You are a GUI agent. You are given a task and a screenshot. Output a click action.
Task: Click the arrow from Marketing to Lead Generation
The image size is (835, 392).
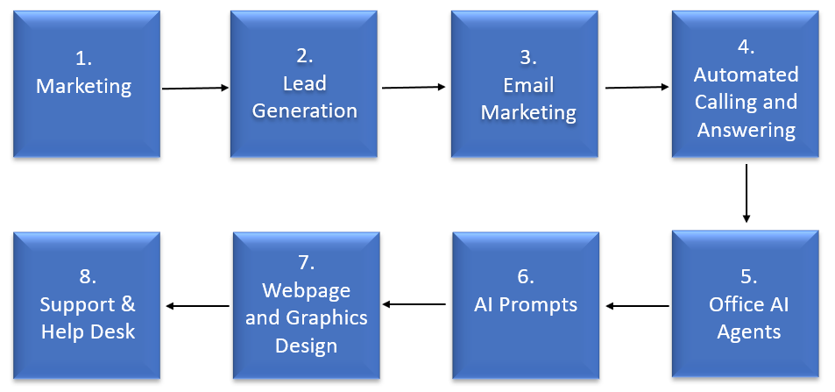click(x=195, y=88)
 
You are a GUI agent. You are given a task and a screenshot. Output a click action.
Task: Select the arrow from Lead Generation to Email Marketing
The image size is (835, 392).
click(x=414, y=87)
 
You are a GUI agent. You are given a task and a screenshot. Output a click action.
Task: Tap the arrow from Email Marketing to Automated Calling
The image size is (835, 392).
click(x=637, y=87)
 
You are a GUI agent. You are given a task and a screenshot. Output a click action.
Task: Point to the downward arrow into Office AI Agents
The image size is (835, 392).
click(x=747, y=193)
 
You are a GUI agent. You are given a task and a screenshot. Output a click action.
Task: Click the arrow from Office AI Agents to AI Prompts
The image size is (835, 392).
click(x=638, y=306)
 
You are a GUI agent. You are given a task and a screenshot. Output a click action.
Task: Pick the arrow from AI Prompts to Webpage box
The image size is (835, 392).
click(x=414, y=304)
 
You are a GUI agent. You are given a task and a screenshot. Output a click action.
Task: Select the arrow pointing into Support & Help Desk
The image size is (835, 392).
click(x=197, y=305)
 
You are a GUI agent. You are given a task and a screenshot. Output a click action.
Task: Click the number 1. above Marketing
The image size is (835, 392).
click(x=83, y=60)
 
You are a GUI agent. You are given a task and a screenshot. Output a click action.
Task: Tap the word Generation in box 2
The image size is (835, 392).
click(x=305, y=110)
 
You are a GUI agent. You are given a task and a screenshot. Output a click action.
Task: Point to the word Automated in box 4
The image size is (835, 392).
click(x=747, y=75)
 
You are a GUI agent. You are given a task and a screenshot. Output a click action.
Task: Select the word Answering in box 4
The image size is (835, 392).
click(x=747, y=130)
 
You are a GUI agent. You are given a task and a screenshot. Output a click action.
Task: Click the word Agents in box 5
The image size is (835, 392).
click(x=749, y=332)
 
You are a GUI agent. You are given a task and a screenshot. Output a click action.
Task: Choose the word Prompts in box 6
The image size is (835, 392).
click(x=543, y=304)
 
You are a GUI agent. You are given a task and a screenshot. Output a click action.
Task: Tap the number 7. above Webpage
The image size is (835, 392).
click(x=306, y=263)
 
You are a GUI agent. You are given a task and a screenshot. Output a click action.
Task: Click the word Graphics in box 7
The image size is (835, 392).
click(x=327, y=317)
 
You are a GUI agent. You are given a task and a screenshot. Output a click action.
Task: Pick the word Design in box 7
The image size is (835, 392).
click(x=306, y=346)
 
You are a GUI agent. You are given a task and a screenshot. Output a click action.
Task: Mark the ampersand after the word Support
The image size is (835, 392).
click(x=126, y=304)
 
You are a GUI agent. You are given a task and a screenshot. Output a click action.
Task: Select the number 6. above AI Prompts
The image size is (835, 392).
click(x=526, y=277)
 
